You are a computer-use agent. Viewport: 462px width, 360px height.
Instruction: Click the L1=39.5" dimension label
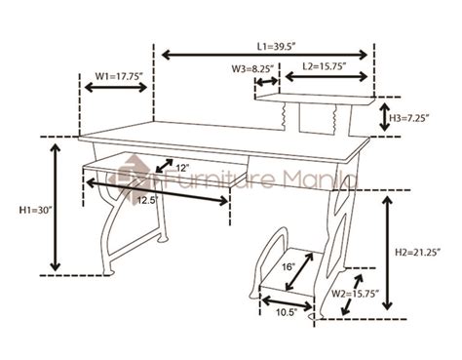(x=276, y=44)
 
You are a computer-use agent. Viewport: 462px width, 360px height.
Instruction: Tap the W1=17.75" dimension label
(x=119, y=73)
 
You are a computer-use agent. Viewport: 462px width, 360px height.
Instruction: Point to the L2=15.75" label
(x=327, y=67)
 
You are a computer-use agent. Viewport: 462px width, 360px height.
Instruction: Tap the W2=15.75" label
(x=356, y=292)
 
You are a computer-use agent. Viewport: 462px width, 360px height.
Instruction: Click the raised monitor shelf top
(x=314, y=98)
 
